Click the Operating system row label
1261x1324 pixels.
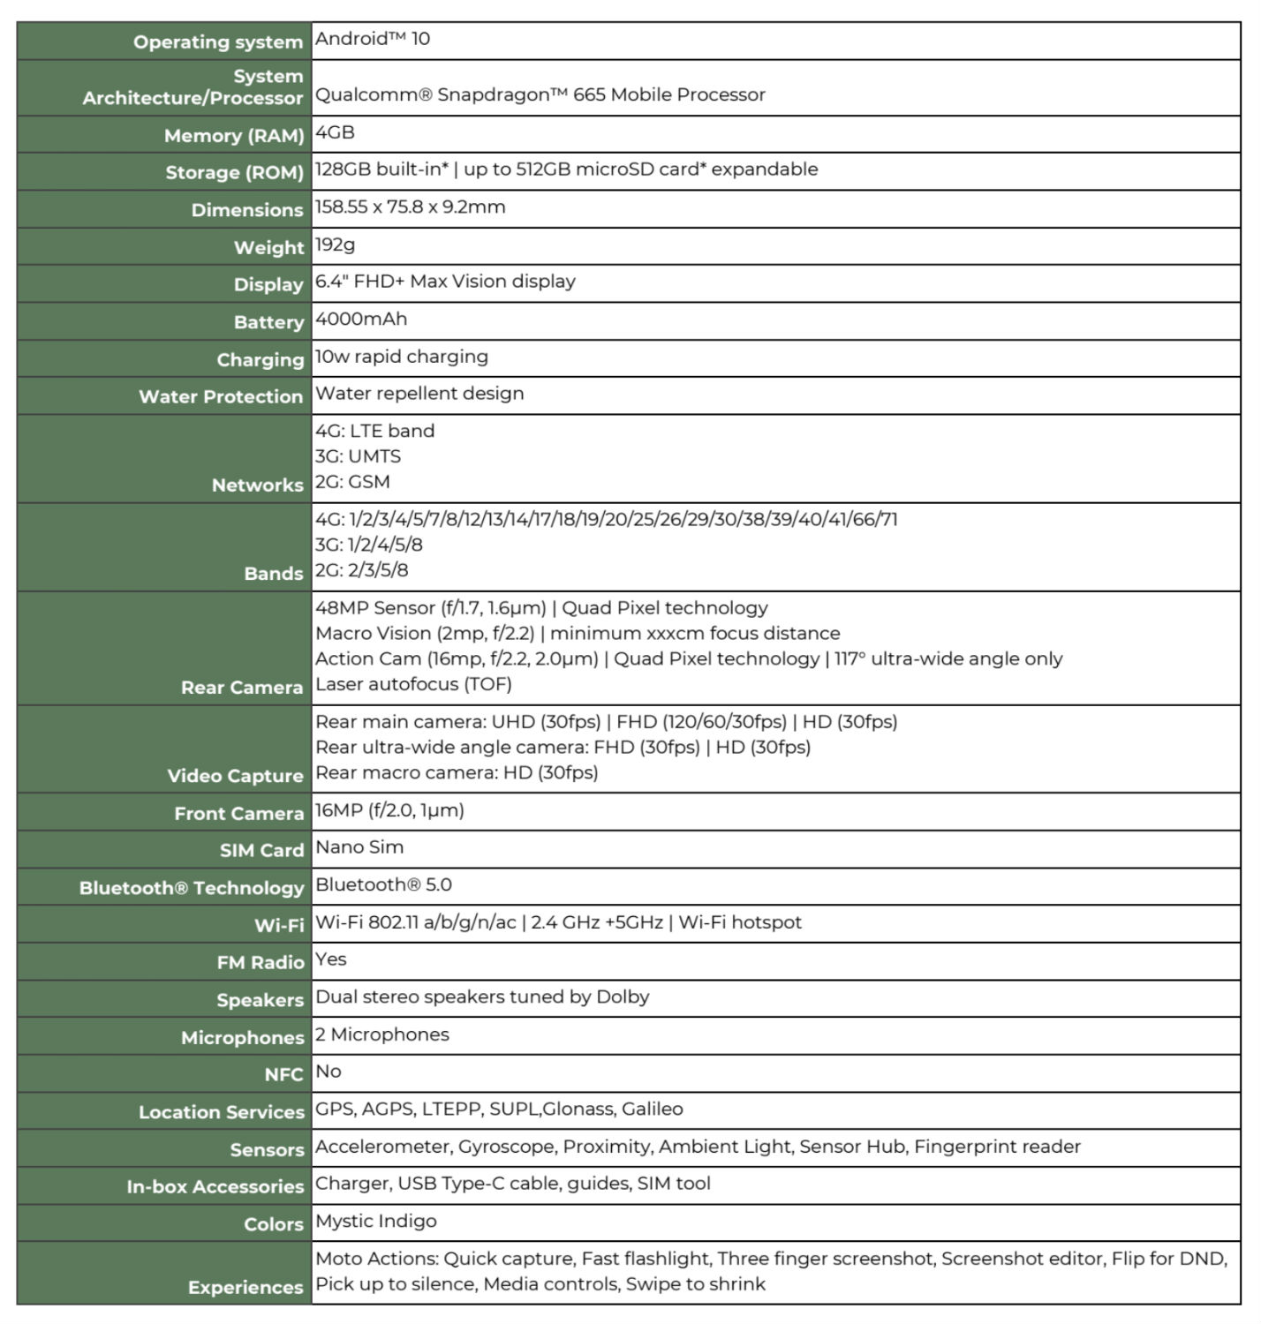217,42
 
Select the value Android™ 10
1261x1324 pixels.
373,39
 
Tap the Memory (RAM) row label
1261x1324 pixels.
233,136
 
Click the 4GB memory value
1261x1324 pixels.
335,132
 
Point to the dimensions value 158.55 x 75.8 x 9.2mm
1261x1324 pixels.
411,207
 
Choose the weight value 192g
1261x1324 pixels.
336,244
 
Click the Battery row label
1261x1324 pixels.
268,322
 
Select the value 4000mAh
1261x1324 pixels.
361,320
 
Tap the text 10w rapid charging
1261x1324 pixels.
402,357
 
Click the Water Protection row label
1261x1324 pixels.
221,397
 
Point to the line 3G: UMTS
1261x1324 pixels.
358,456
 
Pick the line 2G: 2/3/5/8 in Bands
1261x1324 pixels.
362,570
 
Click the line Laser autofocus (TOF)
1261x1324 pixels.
413,684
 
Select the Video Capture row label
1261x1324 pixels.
235,776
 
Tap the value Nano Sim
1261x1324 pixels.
359,847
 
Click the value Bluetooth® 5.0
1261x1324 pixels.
383,884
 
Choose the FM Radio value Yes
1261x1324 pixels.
331,959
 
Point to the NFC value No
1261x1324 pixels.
328,1072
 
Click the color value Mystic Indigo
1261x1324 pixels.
376,1222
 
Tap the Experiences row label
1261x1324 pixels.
245,1288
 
